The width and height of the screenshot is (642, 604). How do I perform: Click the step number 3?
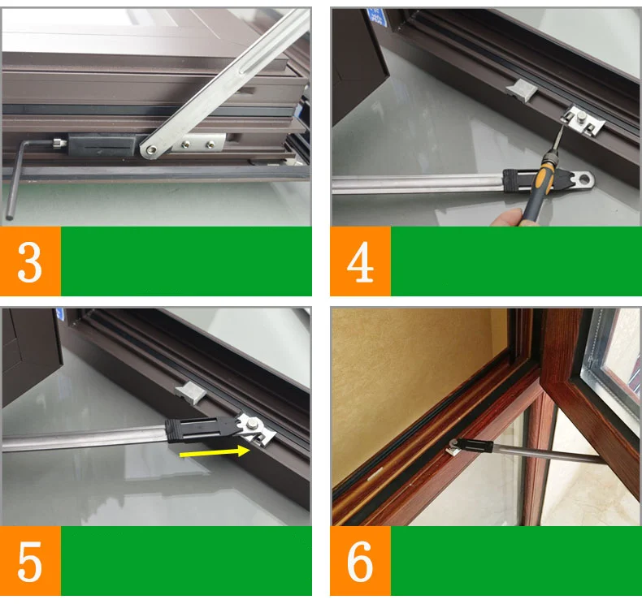point(30,261)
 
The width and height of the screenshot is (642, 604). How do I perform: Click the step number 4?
point(360,261)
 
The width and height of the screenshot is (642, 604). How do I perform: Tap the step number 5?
point(30,561)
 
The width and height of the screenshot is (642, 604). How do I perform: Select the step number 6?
point(360,561)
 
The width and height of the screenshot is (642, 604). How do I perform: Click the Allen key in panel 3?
point(24,172)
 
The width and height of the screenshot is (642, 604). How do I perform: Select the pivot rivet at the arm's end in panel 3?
point(150,150)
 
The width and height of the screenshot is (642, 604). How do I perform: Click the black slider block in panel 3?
point(102,145)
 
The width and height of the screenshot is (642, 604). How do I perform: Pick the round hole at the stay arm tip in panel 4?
point(586,179)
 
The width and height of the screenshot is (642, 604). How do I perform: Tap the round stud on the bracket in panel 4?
point(581,118)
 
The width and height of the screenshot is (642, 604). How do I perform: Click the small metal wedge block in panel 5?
point(191,393)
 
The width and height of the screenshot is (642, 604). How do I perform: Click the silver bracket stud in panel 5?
point(254,424)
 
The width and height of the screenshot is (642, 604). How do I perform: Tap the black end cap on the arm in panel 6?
point(474,446)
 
